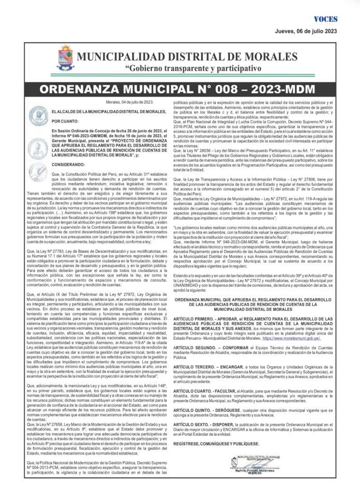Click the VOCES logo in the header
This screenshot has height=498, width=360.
point(325,19)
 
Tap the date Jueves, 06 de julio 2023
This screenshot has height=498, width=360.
point(306,31)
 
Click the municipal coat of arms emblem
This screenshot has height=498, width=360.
point(66,58)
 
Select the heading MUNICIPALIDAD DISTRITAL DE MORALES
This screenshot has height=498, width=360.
point(187,57)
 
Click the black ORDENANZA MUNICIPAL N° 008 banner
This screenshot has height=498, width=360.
point(180,88)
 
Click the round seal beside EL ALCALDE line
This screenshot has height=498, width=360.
point(38,115)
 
